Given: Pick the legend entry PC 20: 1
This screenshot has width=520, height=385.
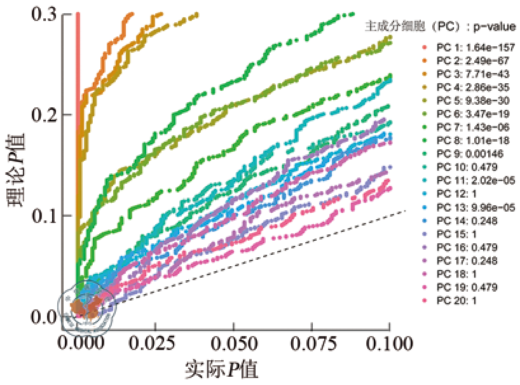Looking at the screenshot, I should (x=458, y=301).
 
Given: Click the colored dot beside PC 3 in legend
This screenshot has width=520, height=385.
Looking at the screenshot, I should (x=423, y=74).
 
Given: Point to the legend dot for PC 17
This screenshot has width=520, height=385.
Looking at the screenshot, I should (x=423, y=260).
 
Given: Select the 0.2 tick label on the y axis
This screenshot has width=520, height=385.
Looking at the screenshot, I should (x=44, y=115).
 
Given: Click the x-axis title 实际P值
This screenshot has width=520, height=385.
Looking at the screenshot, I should (x=223, y=369).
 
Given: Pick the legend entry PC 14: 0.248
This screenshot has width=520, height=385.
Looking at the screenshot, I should (x=465, y=220).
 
